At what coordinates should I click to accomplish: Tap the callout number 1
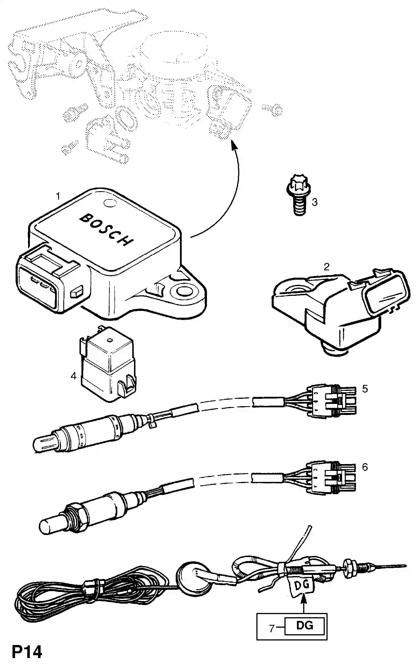point(58,196)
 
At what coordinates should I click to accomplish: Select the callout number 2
point(326,267)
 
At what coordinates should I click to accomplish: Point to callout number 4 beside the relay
point(74,376)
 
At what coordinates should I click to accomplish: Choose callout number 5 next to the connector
point(365,389)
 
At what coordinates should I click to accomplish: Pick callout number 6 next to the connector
point(365,467)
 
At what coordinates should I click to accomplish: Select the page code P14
point(27,652)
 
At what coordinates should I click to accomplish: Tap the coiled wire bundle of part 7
point(57,596)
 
